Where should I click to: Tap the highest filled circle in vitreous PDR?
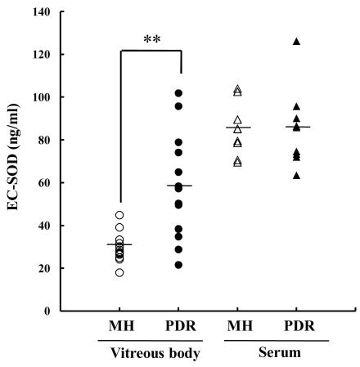[178, 93]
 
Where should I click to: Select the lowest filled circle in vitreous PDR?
[178, 265]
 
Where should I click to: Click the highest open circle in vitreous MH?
[119, 215]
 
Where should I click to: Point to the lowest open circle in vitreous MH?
[119, 272]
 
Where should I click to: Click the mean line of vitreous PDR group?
[178, 186]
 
